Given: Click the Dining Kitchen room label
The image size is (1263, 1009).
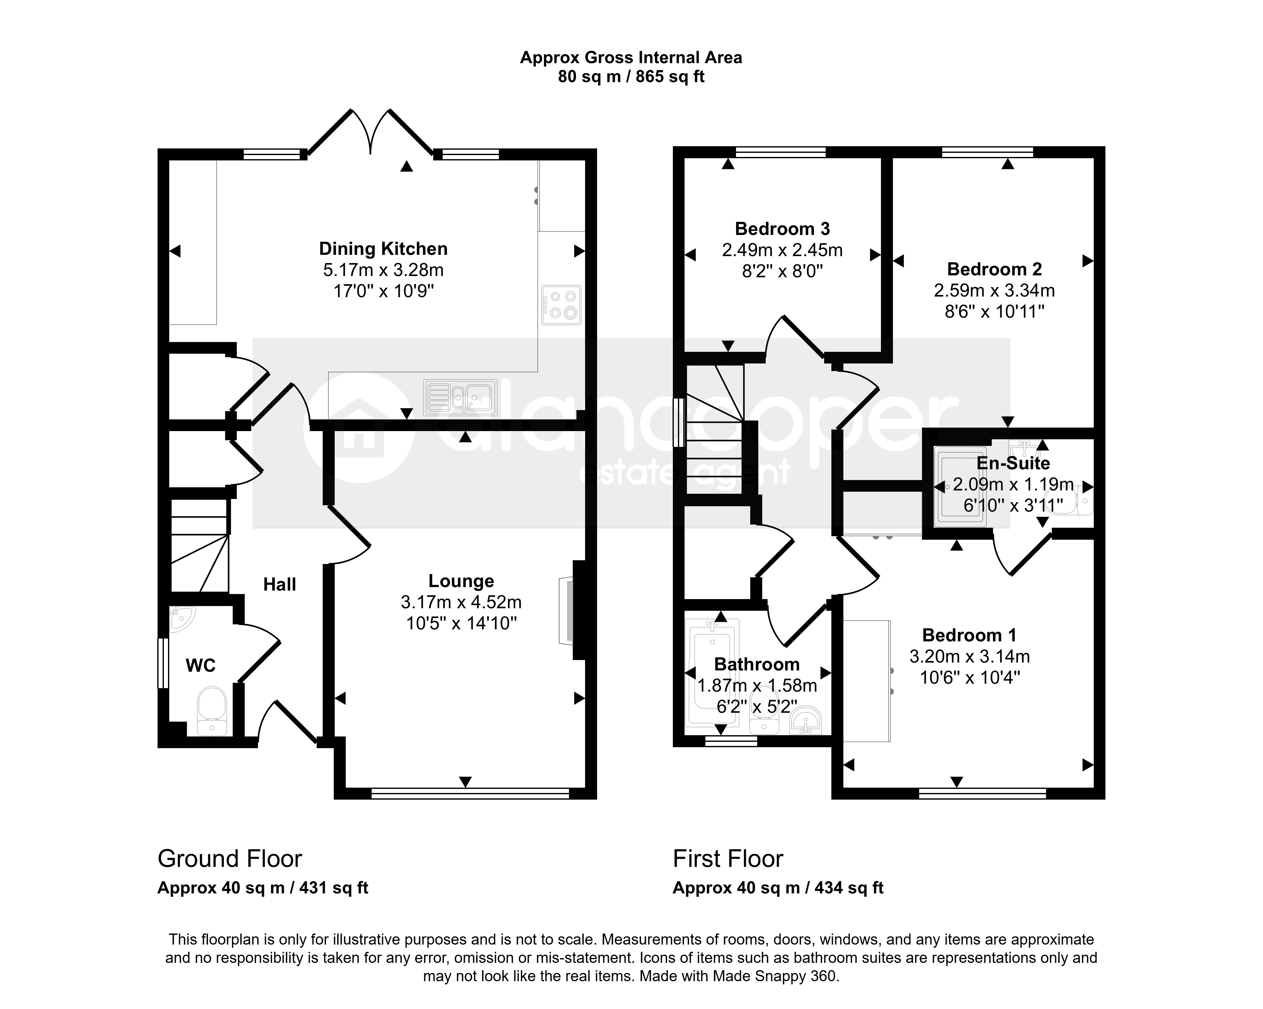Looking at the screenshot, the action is pyautogui.click(x=383, y=249).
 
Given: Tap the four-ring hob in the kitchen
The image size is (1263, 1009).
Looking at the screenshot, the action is pyautogui.click(x=561, y=305).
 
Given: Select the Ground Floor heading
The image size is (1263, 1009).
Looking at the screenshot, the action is pyautogui.click(x=230, y=859).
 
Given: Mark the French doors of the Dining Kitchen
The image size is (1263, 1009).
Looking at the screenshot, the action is pyautogui.click(x=370, y=132).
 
